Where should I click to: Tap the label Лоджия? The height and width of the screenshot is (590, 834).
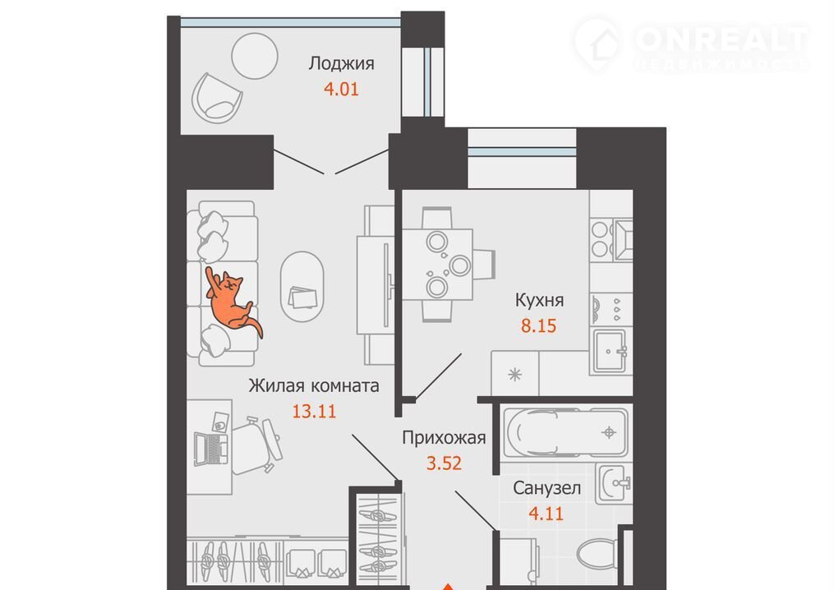342,64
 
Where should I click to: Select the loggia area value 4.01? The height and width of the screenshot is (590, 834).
342,89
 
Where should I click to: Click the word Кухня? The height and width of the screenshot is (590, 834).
539,301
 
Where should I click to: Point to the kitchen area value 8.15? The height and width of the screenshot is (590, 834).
539,325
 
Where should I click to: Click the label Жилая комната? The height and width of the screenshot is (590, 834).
314,385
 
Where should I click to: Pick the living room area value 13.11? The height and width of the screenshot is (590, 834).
315,411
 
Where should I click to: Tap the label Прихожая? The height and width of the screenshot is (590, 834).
445,438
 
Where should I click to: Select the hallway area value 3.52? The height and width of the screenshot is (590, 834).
445,463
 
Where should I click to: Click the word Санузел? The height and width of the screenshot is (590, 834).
546,488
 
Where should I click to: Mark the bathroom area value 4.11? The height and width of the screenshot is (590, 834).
546,514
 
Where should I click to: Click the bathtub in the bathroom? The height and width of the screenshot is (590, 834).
567,432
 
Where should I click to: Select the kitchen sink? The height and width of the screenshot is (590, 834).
610,351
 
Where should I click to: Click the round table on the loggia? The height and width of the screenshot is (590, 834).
255,56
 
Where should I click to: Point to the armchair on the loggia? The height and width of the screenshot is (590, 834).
216,99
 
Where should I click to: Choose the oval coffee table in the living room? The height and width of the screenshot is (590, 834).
302,286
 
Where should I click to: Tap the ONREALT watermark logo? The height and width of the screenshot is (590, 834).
692,44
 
